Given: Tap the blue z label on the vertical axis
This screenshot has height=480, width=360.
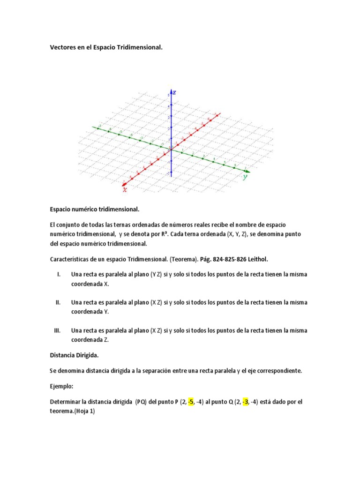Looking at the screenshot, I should tap(175, 92).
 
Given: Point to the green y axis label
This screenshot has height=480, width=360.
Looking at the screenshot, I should tap(245, 177).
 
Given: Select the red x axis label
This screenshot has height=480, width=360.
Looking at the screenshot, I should tap(125, 189).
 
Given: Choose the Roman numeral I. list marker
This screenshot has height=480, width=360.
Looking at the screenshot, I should tap(58, 274).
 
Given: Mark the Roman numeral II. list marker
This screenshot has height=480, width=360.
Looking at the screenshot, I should tap(59, 302).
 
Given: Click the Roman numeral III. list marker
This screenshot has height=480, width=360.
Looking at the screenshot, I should tap(58, 330).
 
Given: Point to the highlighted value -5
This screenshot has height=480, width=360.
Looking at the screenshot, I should tap(191, 402).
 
